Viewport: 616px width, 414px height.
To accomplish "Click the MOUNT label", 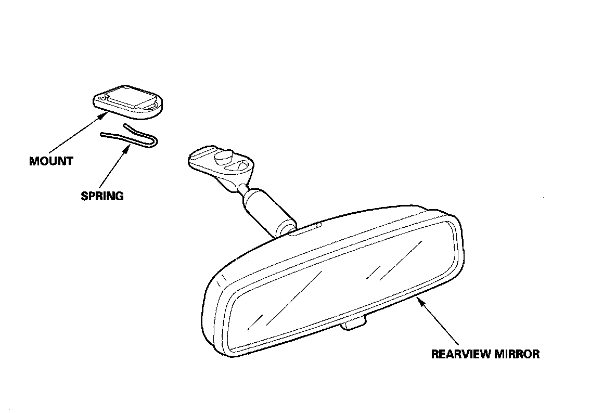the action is click(51, 161).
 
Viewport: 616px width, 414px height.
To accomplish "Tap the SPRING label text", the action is click(102, 196).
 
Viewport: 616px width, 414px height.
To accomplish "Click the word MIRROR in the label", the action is click(520, 355).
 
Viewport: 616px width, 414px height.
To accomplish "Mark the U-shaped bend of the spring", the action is click(155, 141).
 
